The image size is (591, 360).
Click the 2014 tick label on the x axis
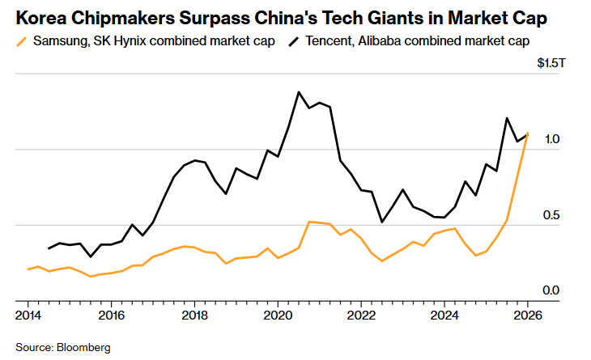28,314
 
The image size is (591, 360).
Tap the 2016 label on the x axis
111,314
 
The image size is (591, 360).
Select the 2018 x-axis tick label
194,314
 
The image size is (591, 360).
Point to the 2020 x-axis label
278,314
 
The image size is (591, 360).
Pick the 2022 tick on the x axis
361,314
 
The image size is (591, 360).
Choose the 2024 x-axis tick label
444,314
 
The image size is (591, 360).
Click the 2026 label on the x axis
528,314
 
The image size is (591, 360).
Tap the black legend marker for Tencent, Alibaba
293,40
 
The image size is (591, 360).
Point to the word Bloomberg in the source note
83,347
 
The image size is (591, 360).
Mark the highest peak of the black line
299,92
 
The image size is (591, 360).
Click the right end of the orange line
528,133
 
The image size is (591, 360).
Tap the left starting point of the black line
49,248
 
